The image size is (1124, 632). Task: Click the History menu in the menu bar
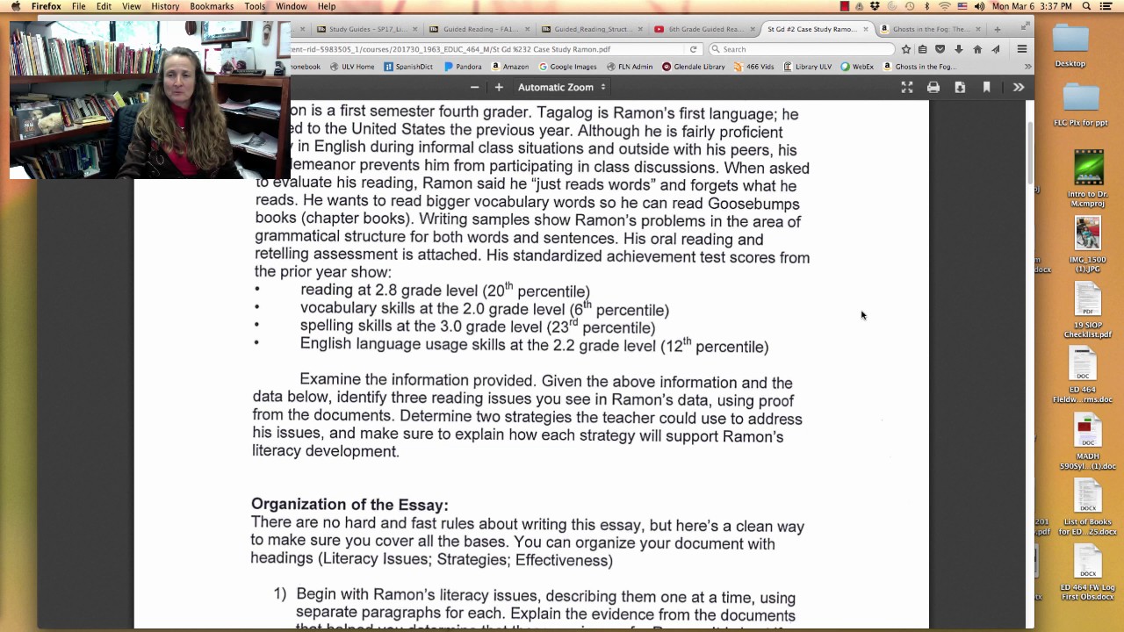pyautogui.click(x=165, y=6)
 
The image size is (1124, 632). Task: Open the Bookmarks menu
pyautogui.click(x=212, y=6)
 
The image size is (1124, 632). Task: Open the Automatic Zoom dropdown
pyautogui.click(x=561, y=87)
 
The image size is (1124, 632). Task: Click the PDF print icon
pyautogui.click(x=933, y=87)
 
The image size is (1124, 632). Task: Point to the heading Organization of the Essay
pyautogui.click(x=349, y=505)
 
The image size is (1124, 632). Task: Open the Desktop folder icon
pyautogui.click(x=1070, y=40)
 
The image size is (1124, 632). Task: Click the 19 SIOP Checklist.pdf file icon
pyautogui.click(x=1087, y=302)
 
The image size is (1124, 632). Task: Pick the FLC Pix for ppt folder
pyautogui.click(x=1080, y=97)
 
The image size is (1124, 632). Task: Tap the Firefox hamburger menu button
pyautogui.click(x=1022, y=49)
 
